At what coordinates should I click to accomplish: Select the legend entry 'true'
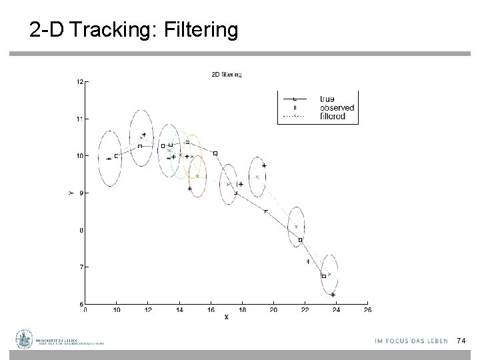(x=327, y=99)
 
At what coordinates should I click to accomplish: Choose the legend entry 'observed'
(x=337, y=107)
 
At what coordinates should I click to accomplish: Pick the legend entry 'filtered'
(x=332, y=115)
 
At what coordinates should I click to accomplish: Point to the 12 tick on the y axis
(x=79, y=82)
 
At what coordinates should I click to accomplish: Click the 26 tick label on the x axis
(x=367, y=309)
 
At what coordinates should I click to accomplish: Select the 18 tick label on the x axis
(x=242, y=309)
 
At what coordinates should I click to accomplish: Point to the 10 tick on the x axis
(x=117, y=309)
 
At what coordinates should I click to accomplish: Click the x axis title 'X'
(x=226, y=317)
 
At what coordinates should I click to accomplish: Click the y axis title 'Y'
(x=70, y=193)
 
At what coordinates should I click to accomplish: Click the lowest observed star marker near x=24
(x=333, y=294)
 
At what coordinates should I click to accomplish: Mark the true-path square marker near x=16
(x=215, y=153)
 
